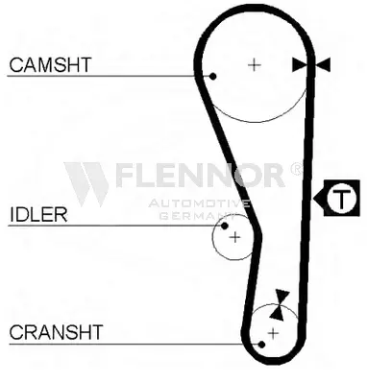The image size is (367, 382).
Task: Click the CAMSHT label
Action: pyautogui.click(x=50, y=64)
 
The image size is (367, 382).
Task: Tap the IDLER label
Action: pyautogui.click(x=38, y=214)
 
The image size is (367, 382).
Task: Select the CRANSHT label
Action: pyautogui.click(x=56, y=332)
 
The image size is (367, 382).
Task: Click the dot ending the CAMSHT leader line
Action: pyautogui.click(x=213, y=76)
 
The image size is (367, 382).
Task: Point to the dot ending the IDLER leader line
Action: pyautogui.click(x=225, y=226)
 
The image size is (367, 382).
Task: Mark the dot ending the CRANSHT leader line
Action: pyautogui.click(x=261, y=345)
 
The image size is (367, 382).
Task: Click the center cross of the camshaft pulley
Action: pyautogui.click(x=255, y=65)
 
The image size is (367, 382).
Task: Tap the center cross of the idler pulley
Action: pyautogui.click(x=235, y=237)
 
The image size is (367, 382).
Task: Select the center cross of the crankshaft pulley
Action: pyautogui.click(x=273, y=333)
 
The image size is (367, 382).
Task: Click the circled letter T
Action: pyautogui.click(x=341, y=199)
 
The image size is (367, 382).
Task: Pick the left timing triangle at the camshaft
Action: pyautogui.click(x=300, y=65)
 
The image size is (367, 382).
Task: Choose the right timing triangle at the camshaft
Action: pyautogui.click(x=323, y=65)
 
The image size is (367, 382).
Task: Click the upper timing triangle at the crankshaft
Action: pyautogui.click(x=282, y=297)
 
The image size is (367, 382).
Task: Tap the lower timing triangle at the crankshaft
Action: pyautogui.click(x=277, y=313)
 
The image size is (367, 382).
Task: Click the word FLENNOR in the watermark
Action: pyautogui.click(x=200, y=175)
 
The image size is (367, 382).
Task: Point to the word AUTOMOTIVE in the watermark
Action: pyautogui.click(x=199, y=203)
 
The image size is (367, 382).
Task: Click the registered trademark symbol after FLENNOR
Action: pyautogui.click(x=296, y=169)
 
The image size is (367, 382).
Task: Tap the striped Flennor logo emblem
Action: pyautogui.click(x=86, y=184)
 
